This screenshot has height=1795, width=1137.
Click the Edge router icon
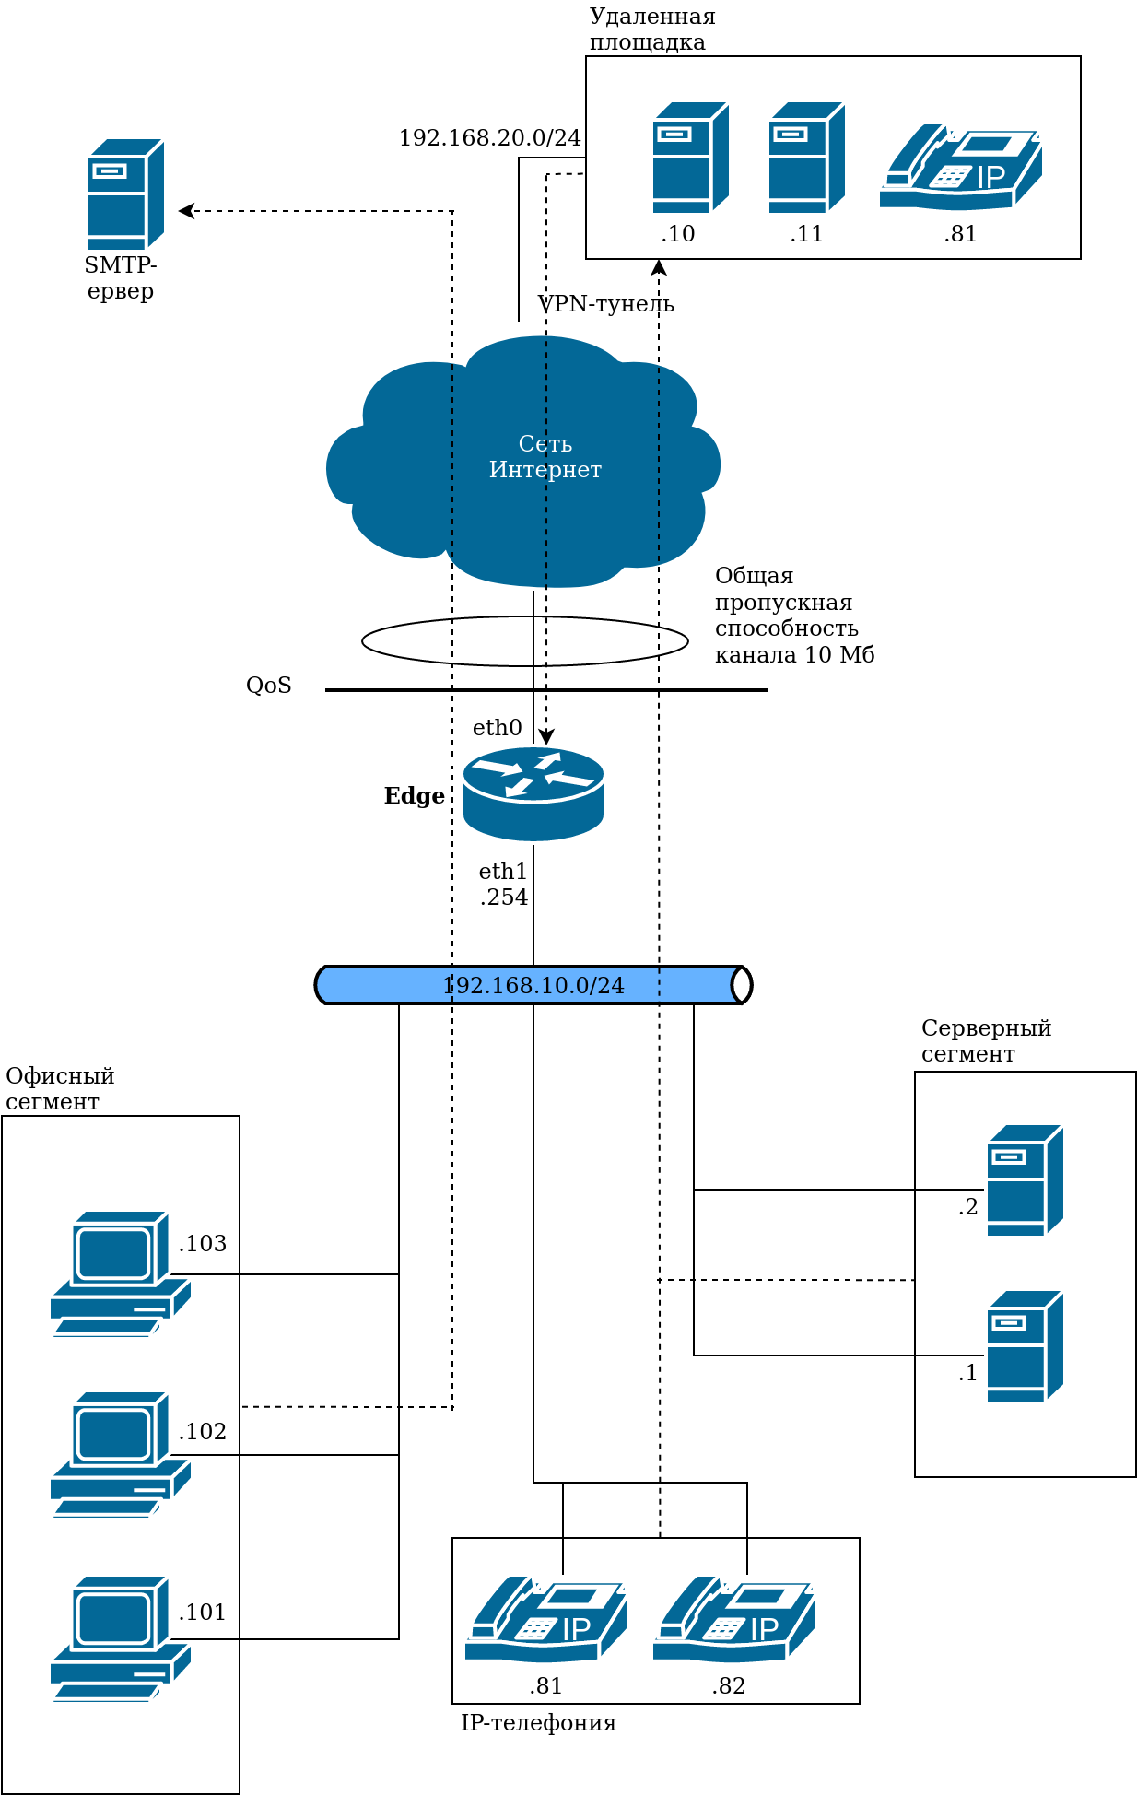click(x=533, y=793)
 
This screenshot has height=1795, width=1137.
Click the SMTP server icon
click(x=125, y=194)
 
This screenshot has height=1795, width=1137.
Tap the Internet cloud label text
click(x=545, y=457)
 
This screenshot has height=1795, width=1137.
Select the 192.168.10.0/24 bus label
click(x=533, y=985)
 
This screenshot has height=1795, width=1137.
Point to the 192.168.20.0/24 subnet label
click(x=489, y=138)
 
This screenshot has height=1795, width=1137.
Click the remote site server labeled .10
click(x=690, y=158)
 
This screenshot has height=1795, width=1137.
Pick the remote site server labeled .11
click(x=806, y=158)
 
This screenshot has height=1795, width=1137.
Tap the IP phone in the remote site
click(x=961, y=167)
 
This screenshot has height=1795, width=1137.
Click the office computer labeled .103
click(x=121, y=1273)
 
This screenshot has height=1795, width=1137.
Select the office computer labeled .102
click(x=121, y=1454)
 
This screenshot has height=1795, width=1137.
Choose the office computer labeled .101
click(x=121, y=1638)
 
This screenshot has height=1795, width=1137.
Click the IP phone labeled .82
click(x=734, y=1619)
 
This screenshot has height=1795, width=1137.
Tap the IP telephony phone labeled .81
click(x=546, y=1619)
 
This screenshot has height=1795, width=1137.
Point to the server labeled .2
click(x=1025, y=1180)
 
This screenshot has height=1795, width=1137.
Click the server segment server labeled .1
click(x=1025, y=1346)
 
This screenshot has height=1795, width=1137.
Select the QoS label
click(x=269, y=686)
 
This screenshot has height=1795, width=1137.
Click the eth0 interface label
click(x=497, y=728)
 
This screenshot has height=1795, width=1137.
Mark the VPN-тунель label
click(x=605, y=304)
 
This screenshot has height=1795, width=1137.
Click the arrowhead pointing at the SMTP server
click(x=184, y=211)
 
